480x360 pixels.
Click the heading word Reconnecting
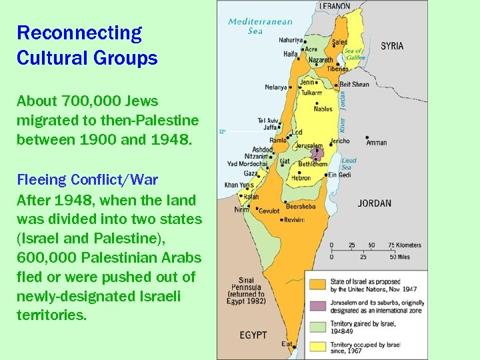[79, 33]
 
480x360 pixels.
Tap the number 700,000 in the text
[86, 101]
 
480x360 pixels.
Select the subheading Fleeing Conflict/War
[87, 180]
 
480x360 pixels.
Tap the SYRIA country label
[392, 46]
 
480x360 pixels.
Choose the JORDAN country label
[374, 203]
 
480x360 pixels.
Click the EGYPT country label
[254, 335]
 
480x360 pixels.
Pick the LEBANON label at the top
[334, 5]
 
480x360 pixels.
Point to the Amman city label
[376, 143]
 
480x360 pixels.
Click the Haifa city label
[290, 53]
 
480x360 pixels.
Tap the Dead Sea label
[349, 163]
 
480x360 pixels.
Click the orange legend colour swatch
[317, 284]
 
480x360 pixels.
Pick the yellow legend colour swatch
[317, 345]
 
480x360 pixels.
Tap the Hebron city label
[301, 178]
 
